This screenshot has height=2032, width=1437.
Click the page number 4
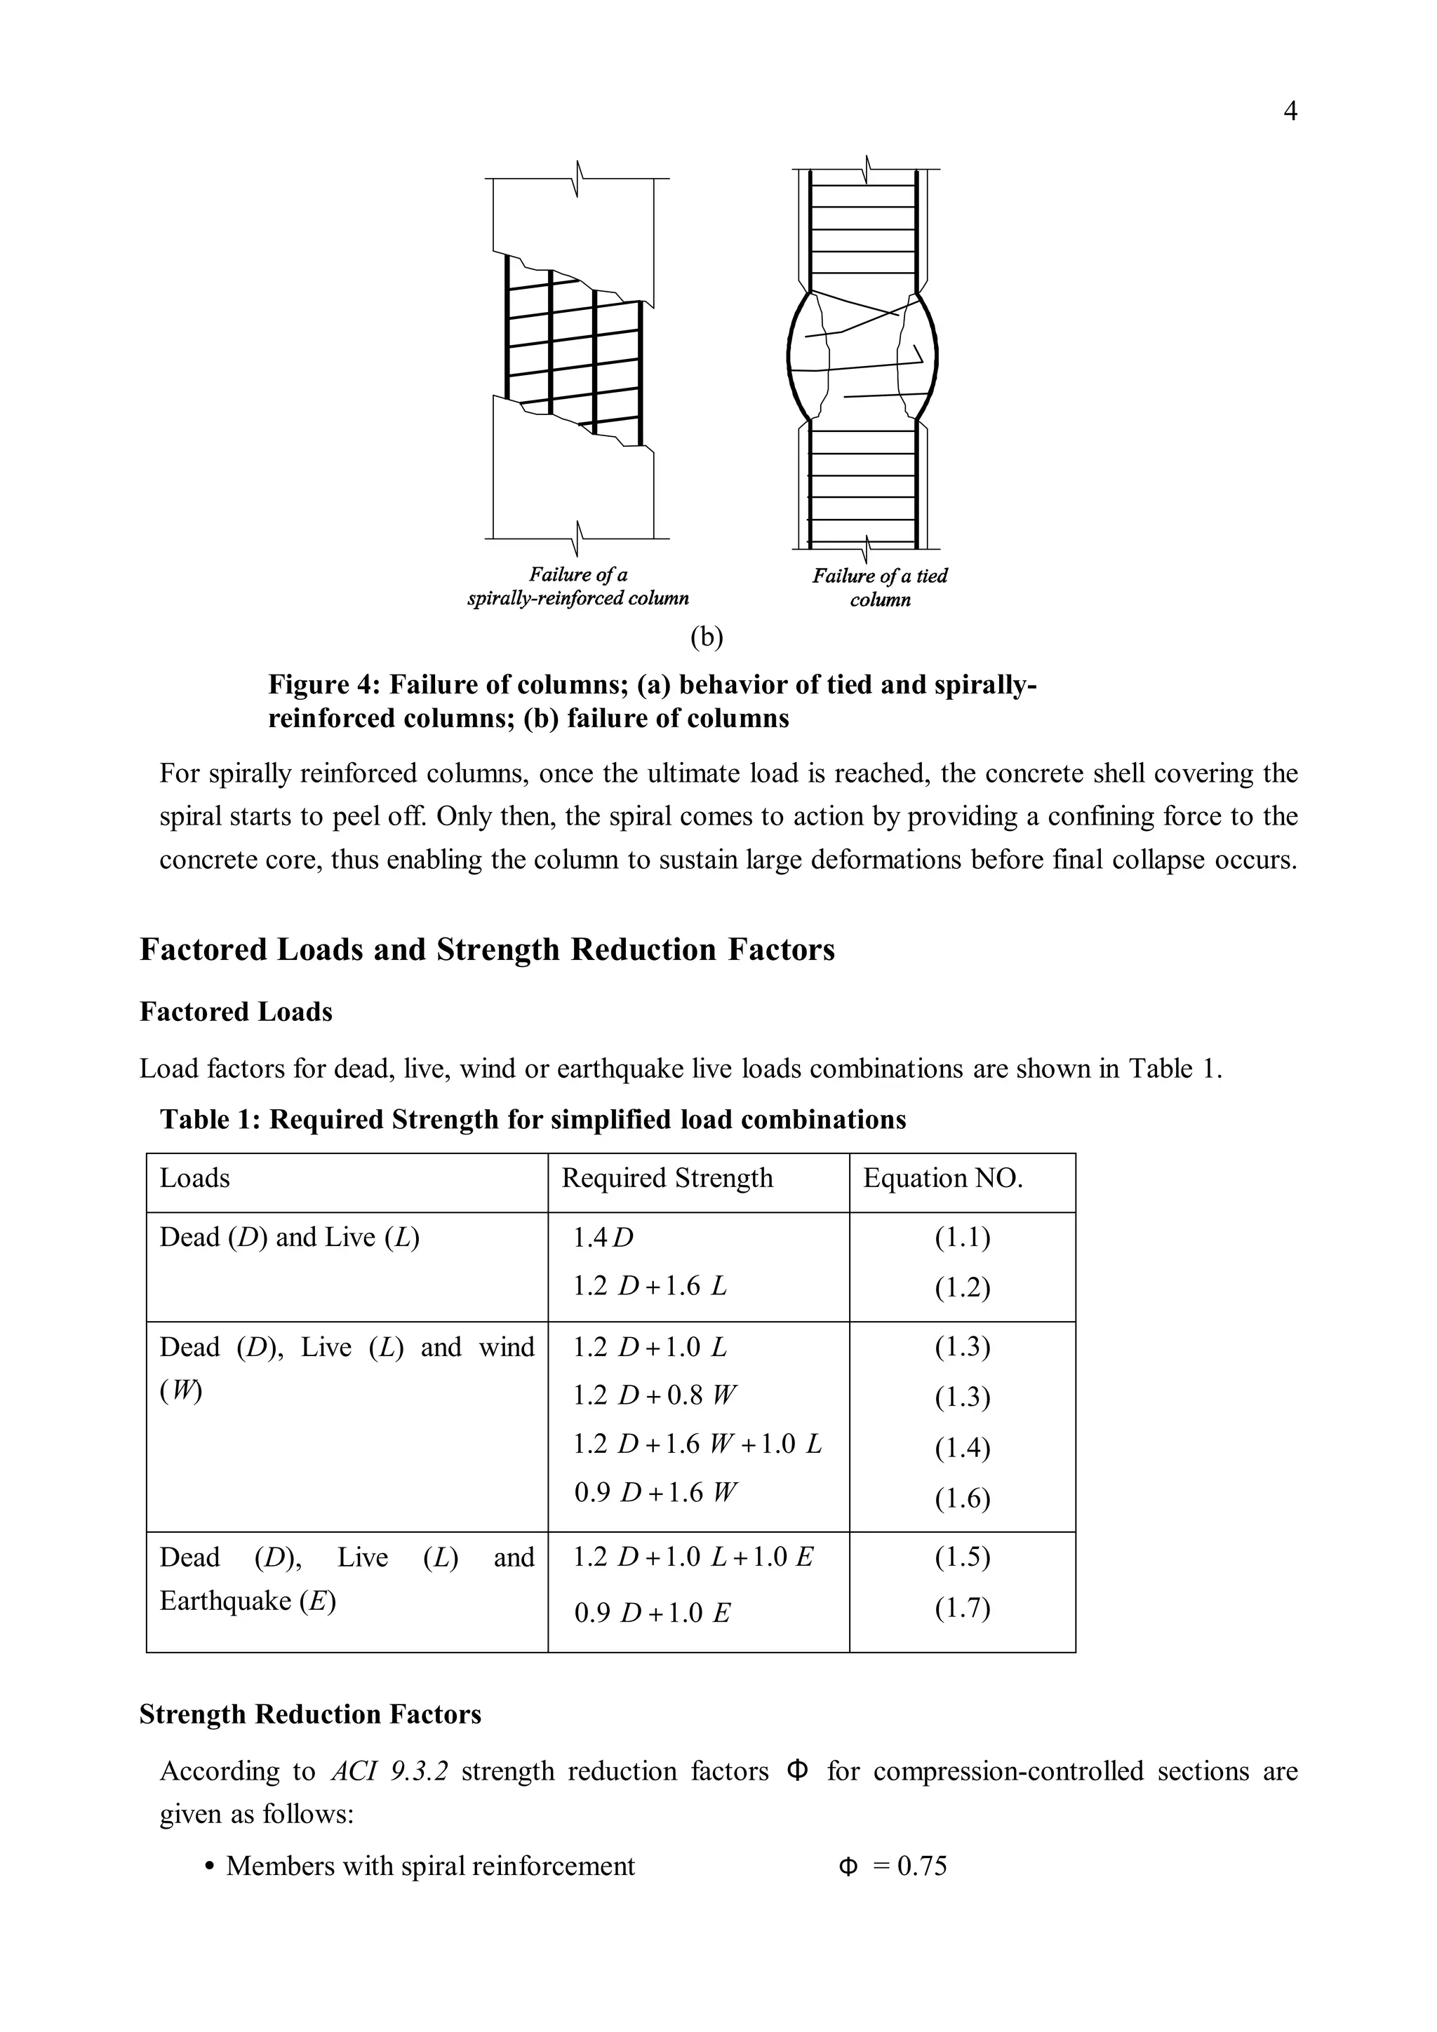pos(1290,111)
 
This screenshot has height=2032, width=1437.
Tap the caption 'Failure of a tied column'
pos(879,587)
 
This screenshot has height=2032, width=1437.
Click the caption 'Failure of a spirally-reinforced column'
pos(577,586)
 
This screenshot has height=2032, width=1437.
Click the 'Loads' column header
pos(195,1178)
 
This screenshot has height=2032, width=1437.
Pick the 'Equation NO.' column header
pos(943,1178)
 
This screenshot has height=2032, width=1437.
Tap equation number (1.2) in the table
pos(963,1287)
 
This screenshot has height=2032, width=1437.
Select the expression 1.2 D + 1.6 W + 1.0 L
pos(697,1444)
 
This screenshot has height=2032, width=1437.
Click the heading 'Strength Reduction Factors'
pos(310,1714)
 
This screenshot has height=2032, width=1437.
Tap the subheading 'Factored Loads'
pos(236,1012)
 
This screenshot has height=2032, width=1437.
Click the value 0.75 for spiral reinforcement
pos(922,1866)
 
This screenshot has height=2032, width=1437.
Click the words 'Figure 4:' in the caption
pos(324,684)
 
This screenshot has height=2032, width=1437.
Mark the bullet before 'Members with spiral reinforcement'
pos(209,1867)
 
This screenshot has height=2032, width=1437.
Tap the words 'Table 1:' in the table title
pos(210,1120)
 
